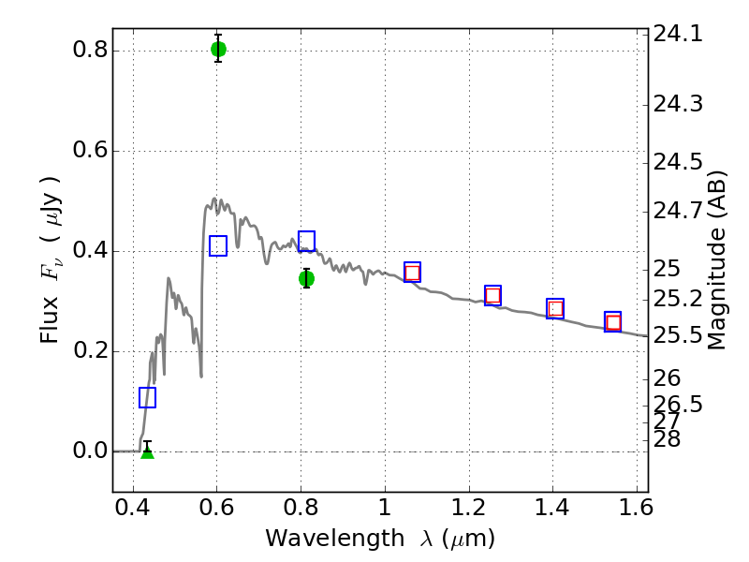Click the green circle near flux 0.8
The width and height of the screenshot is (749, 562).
(218, 49)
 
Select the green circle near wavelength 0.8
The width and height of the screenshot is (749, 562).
(307, 278)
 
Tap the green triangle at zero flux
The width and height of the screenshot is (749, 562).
(148, 451)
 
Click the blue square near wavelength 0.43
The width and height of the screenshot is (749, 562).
(148, 397)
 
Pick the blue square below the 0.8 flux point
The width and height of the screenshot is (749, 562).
(218, 245)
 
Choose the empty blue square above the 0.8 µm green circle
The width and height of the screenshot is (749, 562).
(307, 241)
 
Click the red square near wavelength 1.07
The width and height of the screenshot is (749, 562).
(412, 273)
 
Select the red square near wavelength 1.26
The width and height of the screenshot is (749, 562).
(492, 296)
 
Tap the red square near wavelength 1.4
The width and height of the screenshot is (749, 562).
(555, 309)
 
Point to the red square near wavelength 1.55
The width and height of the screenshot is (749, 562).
(613, 322)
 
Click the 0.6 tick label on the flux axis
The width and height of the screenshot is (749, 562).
(90, 151)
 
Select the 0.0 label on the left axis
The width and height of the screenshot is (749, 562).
(90, 451)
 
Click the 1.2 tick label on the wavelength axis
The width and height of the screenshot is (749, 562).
(469, 508)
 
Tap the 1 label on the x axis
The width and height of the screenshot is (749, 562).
(385, 508)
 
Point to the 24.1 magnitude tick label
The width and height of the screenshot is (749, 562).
(678, 34)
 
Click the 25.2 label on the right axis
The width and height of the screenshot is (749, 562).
(678, 300)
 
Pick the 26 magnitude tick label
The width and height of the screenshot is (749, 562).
(667, 378)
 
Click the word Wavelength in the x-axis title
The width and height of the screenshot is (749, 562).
(335, 539)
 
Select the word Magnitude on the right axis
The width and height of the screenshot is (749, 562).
(716, 288)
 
